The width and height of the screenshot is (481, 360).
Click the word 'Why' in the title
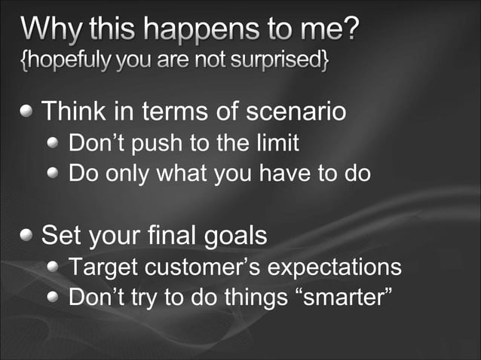pos(51,32)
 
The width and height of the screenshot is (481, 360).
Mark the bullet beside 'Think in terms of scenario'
pos(28,112)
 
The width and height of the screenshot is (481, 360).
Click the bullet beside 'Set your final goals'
pos(28,236)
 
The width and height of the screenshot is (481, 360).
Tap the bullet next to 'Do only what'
pos(54,174)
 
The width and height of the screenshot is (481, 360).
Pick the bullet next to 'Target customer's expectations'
pos(54,267)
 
